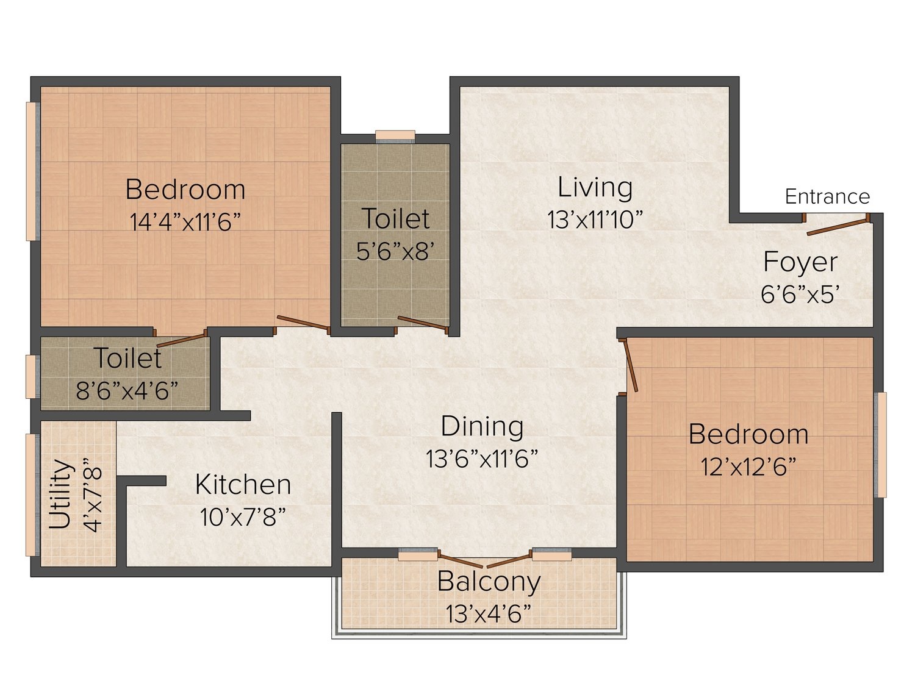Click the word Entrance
[x=827, y=196]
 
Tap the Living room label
[x=595, y=187]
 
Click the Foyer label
[x=800, y=262]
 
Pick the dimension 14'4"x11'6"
[x=185, y=221]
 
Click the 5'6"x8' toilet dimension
[x=395, y=251]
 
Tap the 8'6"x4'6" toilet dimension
[x=127, y=390]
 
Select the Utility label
[x=59, y=494]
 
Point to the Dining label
[x=482, y=426]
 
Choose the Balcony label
[x=489, y=582]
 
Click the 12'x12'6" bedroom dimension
[x=748, y=466]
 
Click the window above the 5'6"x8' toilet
[x=395, y=137]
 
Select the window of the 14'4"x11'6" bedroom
[x=32, y=171]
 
